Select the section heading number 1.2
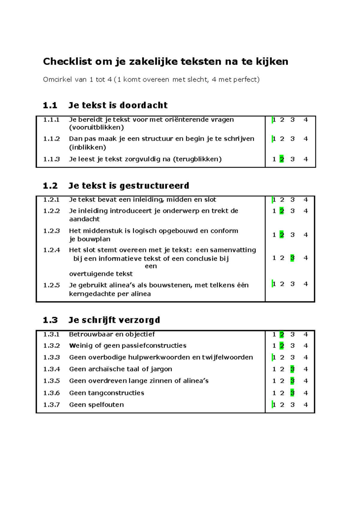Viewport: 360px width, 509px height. click(50, 186)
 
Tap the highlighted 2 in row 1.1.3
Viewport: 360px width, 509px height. click(282, 159)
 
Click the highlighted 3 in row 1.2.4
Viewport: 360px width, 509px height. click(292, 258)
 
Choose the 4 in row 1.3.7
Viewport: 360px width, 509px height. click(306, 405)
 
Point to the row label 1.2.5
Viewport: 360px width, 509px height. click(51, 285)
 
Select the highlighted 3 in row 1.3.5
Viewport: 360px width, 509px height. click(292, 381)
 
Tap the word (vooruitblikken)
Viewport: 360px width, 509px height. click(96, 127)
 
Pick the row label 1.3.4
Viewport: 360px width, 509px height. click(51, 369)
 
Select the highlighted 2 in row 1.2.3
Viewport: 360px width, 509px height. click(282, 235)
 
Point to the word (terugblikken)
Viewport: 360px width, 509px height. click(197, 159)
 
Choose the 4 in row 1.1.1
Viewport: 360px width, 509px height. click(306, 120)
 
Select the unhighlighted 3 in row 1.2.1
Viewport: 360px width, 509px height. click(292, 200)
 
